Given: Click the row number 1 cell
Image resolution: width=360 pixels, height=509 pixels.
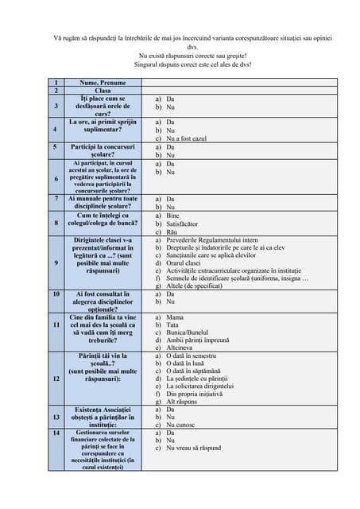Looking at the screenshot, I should coord(56,83).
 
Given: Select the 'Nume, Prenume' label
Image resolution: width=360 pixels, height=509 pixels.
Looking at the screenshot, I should coord(103,83).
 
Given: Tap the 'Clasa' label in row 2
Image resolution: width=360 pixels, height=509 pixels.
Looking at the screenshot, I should coord(103,91).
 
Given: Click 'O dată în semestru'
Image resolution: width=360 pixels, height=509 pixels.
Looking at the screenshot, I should coord(192,356).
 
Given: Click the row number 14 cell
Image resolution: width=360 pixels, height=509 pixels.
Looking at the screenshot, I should coord(56,433).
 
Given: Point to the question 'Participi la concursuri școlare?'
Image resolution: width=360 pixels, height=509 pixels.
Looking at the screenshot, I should coord(103,151).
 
